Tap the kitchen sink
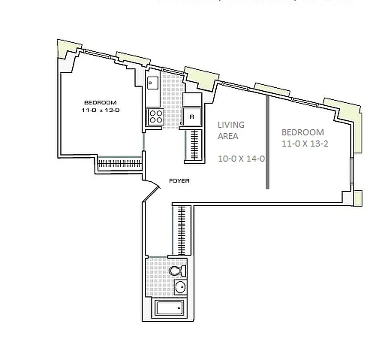click(x=152, y=83)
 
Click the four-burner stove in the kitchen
click(x=156, y=117)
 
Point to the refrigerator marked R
click(x=192, y=116)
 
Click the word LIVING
click(x=231, y=125)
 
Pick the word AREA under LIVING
click(x=228, y=136)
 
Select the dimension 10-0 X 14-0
click(x=241, y=158)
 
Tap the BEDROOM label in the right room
click(x=303, y=132)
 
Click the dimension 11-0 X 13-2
click(x=303, y=144)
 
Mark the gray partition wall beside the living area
click(x=268, y=142)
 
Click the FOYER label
click(x=179, y=181)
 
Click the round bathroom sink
click(x=180, y=287)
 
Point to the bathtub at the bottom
click(x=169, y=309)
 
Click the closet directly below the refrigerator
click(x=194, y=145)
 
